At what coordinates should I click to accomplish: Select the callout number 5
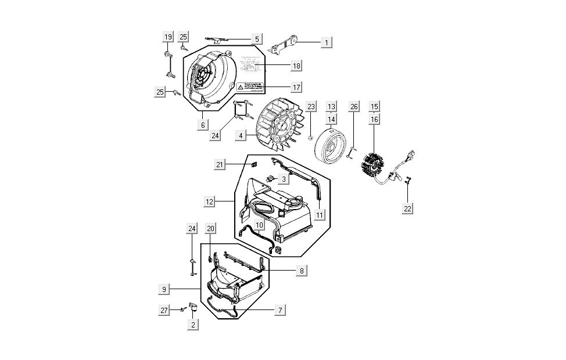[257, 39]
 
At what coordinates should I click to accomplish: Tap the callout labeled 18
[296, 66]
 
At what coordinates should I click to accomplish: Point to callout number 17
[296, 87]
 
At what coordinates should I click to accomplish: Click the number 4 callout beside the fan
[239, 135]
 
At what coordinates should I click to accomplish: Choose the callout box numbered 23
[311, 106]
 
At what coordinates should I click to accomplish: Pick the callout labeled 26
[353, 106]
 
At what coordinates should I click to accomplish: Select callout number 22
[409, 208]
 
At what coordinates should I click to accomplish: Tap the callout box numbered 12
[210, 201]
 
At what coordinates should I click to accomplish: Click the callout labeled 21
[220, 165]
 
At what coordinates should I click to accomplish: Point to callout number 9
[164, 289]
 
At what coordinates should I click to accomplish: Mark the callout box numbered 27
[164, 311]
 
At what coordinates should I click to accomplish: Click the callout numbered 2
[193, 325]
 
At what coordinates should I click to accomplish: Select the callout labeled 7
[280, 311]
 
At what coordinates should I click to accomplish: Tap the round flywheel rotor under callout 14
[329, 146]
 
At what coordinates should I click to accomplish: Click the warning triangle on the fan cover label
[240, 87]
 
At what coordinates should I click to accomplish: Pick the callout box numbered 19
[167, 37]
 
